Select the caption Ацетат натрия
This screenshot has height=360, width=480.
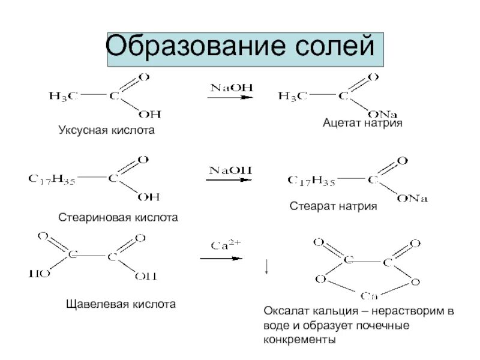point(362,122)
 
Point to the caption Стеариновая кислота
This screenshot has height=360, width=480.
point(118,217)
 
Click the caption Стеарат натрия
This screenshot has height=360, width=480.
point(333,206)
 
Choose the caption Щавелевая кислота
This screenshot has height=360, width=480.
point(121,304)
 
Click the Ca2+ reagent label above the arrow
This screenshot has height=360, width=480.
point(226,245)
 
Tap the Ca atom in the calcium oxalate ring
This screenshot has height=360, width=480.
point(368,295)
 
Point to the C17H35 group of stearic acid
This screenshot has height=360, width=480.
point(52,178)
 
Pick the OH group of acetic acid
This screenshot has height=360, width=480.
point(149,113)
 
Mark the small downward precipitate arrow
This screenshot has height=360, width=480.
point(266,268)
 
